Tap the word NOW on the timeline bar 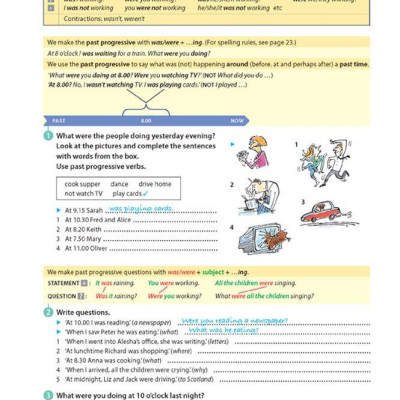tap(238, 120)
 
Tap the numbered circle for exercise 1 tap(49, 136)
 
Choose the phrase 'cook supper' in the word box tap(82, 184)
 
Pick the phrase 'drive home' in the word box tap(154, 184)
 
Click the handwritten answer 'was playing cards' tap(140, 209)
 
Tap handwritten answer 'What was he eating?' tap(220, 330)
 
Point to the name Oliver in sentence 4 tap(110, 247)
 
